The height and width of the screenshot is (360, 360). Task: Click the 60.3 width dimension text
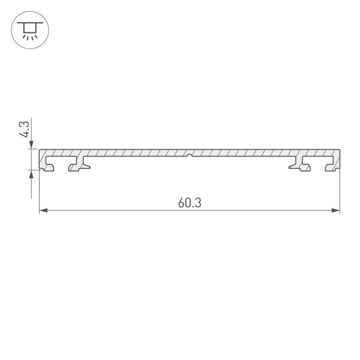coord(189,203)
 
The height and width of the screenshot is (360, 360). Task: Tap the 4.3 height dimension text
coord(24,130)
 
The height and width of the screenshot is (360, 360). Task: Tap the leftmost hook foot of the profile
coord(48,166)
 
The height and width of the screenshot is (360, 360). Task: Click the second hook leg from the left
coord(78,166)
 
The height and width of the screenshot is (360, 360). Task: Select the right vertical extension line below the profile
coord(340,192)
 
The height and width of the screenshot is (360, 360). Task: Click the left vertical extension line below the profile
coord(40,192)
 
